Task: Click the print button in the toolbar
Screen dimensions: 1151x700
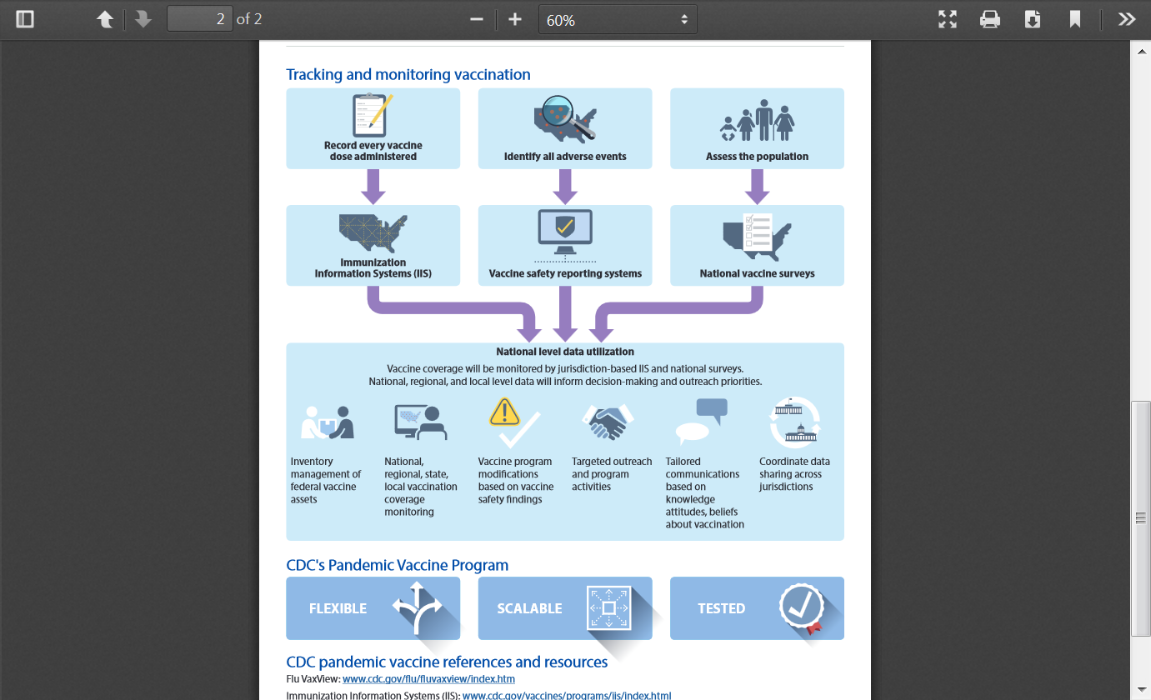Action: [989, 19]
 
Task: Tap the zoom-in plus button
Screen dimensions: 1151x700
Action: [515, 19]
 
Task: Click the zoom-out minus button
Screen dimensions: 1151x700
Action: [477, 19]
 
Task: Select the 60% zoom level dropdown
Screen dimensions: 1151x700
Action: [618, 19]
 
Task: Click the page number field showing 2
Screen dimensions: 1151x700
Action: [200, 19]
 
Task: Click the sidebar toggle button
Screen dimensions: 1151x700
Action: [25, 19]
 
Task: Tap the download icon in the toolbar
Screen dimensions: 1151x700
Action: [1033, 19]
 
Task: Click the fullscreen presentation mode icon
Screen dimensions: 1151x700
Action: [947, 19]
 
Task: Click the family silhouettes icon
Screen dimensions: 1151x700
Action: [757, 120]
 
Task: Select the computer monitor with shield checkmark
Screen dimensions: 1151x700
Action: [565, 232]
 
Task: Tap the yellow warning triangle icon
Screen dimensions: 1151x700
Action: [504, 412]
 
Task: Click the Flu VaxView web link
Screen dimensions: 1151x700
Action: [428, 679]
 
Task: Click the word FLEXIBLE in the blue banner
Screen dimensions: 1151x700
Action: [338, 608]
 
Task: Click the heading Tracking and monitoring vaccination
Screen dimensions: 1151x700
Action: [408, 74]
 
